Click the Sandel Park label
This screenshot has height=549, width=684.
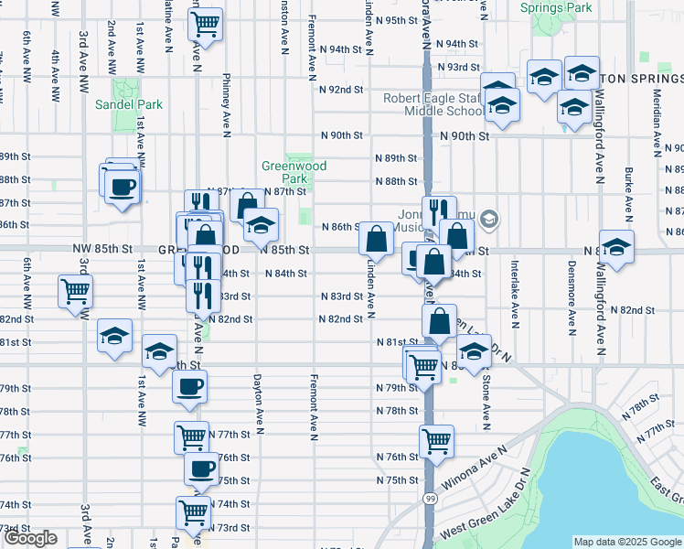click(129, 104)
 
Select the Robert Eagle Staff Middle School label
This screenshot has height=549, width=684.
click(433, 104)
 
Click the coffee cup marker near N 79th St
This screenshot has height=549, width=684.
click(189, 385)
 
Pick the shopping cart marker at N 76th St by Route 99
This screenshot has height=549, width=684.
click(437, 440)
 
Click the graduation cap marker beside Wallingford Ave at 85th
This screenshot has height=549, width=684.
click(617, 246)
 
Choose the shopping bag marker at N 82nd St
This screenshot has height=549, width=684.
click(440, 320)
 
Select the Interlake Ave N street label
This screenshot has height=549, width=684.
click(516, 293)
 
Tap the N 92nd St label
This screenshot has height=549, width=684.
click(342, 89)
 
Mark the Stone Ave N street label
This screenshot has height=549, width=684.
click(485, 402)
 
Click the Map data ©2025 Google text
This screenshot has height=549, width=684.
click(627, 542)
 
